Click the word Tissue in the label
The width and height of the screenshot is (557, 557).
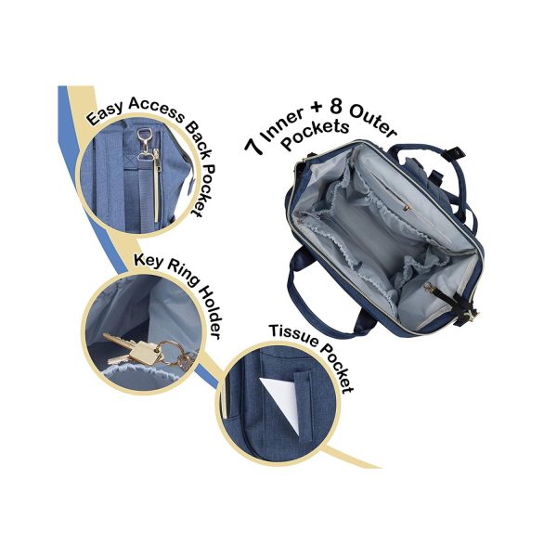(x=292, y=335)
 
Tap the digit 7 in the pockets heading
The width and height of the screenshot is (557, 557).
(x=255, y=146)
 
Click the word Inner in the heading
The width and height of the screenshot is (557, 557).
(x=283, y=125)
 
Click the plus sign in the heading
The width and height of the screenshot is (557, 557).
(x=317, y=108)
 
